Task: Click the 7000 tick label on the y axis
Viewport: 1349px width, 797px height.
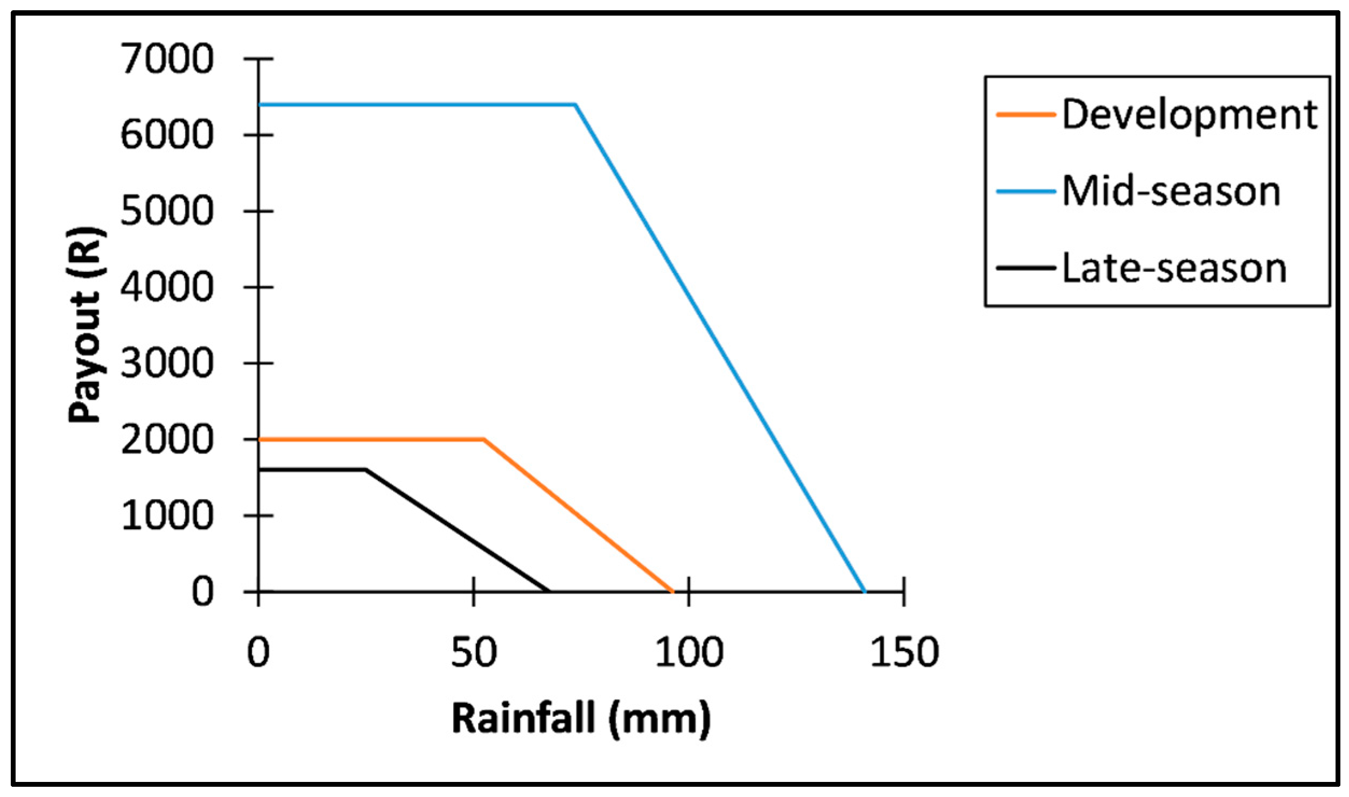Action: (167, 59)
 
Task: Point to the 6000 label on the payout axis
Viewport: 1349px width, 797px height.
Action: (167, 135)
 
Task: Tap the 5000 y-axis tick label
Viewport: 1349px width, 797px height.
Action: (167, 211)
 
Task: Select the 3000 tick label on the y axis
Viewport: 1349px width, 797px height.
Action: (167, 363)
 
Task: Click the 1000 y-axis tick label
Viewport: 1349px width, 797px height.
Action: (167, 516)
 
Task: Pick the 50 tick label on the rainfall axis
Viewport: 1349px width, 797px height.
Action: (474, 653)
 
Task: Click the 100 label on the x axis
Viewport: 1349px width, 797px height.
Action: (689, 653)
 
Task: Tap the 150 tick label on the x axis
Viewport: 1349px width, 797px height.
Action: (904, 653)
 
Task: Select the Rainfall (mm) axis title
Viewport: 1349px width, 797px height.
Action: (581, 719)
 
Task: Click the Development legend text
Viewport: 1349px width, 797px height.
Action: (1190, 115)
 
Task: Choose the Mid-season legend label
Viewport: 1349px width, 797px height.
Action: (1171, 192)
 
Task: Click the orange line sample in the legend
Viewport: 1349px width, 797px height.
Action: (1025, 115)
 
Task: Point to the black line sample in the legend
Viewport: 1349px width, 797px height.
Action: (1025, 268)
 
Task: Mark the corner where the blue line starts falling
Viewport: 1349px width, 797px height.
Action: (575, 104)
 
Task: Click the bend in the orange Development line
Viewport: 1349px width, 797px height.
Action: (484, 439)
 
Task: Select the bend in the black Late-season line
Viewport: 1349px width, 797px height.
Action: (366, 470)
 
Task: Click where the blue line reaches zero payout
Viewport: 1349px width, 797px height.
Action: (865, 592)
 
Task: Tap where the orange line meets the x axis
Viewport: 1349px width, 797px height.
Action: (673, 592)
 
